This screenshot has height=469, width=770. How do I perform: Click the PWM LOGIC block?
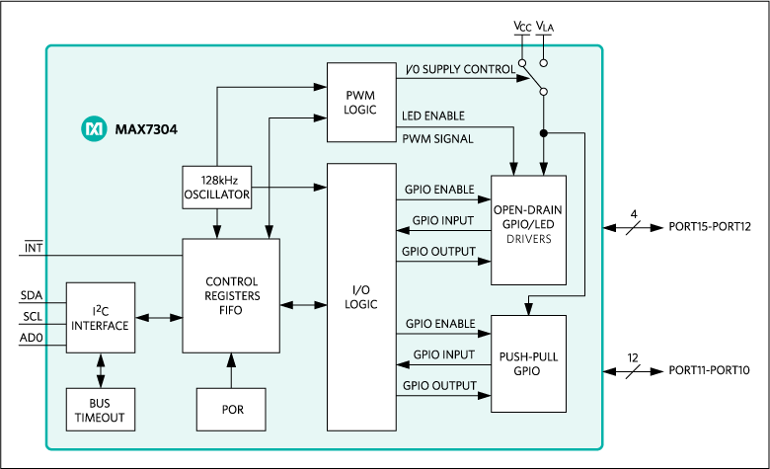361,103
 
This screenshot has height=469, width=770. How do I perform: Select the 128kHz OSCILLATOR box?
216,188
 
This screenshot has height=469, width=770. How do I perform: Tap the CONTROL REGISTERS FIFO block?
231,295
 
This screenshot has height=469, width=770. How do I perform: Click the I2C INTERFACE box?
100,318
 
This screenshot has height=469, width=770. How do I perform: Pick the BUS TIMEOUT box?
100,409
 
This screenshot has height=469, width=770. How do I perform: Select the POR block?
231,409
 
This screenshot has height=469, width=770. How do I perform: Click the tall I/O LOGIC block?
361,296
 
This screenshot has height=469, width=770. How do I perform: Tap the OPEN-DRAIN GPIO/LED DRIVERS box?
528,229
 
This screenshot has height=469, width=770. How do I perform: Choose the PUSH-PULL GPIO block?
528,362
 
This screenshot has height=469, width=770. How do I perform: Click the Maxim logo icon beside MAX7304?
94,128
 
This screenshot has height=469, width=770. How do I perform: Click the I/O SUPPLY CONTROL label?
460,70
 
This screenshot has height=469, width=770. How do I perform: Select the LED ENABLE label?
433,117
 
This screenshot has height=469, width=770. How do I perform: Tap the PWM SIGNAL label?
437,138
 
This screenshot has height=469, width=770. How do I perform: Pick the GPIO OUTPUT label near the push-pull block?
440,385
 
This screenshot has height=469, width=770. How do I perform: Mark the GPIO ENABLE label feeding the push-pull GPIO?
440,324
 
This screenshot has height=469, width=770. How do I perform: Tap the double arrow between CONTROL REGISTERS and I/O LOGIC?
303,304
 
